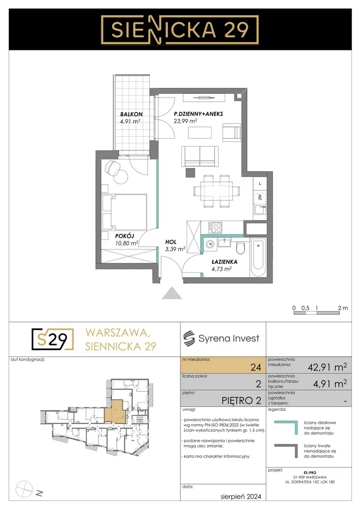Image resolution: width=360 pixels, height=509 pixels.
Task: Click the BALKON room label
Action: [131, 114]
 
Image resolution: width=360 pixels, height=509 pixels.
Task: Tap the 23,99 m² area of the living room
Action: [185, 121]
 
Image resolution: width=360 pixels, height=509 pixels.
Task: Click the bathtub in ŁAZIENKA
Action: [258, 258]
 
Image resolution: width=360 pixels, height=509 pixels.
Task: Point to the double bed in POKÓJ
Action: [124, 212]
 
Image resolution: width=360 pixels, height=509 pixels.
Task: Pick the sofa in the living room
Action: [200, 156]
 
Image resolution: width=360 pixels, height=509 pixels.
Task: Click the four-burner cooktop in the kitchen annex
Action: [215, 227]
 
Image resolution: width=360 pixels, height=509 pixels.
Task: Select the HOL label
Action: [171, 242]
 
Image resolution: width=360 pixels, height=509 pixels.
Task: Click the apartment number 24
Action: [256, 367]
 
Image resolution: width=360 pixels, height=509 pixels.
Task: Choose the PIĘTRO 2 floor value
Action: [241, 401]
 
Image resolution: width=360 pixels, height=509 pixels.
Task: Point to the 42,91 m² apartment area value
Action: [327, 367]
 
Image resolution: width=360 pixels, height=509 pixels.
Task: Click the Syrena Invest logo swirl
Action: [189, 338]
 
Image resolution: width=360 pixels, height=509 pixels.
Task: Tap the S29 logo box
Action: [53, 339]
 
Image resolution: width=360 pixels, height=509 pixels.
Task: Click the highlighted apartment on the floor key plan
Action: [115, 411]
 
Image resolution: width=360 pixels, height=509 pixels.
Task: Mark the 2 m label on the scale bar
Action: [343, 308]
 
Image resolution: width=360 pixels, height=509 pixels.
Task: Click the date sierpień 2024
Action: [240, 496]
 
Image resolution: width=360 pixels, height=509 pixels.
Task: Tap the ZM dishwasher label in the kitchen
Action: [260, 197]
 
